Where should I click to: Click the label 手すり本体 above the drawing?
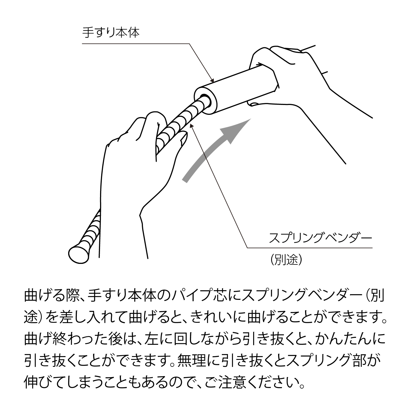coord(111,33)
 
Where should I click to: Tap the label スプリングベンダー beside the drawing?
coord(320,238)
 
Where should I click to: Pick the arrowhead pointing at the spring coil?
coord(192,126)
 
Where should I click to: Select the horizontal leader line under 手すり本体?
coord(136,44)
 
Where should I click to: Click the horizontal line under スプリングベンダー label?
coord(310,248)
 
